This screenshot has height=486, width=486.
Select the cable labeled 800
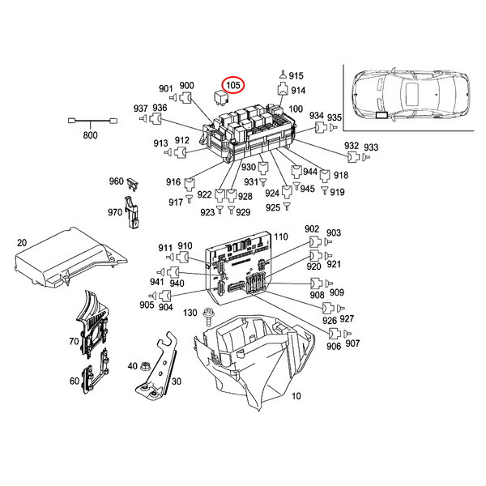(89, 122)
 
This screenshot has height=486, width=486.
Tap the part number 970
(115, 211)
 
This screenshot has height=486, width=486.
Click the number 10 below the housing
(295, 396)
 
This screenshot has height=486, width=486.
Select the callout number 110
(280, 237)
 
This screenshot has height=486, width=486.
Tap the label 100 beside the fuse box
(295, 109)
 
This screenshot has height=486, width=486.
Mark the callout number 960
(117, 181)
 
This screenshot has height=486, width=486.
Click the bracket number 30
(176, 382)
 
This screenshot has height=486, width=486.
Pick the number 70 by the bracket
(74, 341)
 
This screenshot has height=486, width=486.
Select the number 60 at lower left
(74, 381)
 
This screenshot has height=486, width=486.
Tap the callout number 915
(296, 75)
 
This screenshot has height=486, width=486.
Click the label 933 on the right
(371, 147)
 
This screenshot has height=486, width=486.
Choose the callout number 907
(352, 343)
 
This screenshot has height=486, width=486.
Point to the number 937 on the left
(140, 109)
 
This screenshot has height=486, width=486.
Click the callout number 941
(156, 282)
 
